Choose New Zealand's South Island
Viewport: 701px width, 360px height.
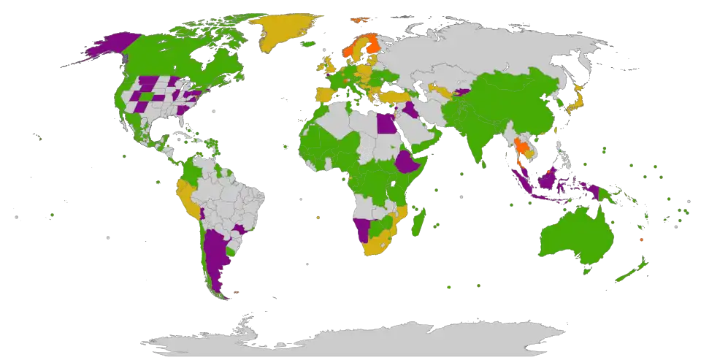pos(624,278)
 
